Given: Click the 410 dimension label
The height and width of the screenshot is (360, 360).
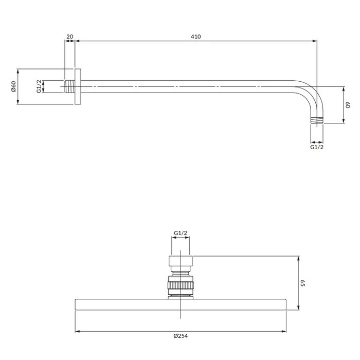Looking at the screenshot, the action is click(x=195, y=37).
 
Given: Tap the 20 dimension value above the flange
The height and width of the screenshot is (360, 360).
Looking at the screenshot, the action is click(x=70, y=37).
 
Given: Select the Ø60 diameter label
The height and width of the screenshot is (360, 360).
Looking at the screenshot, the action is click(x=13, y=86).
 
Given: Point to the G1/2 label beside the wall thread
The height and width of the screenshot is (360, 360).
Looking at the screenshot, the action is click(x=39, y=86).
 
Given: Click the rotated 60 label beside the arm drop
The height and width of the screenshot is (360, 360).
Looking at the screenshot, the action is click(x=348, y=105).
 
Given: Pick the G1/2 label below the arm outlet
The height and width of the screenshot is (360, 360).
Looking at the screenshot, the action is click(x=317, y=147).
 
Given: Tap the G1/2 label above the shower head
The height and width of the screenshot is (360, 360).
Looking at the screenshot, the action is click(x=181, y=233).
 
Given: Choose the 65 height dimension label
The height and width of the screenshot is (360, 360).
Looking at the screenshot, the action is click(x=302, y=283).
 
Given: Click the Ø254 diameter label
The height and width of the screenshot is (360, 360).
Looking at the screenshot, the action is click(x=181, y=336).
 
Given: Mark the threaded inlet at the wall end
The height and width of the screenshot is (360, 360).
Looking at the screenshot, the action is click(x=69, y=86).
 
